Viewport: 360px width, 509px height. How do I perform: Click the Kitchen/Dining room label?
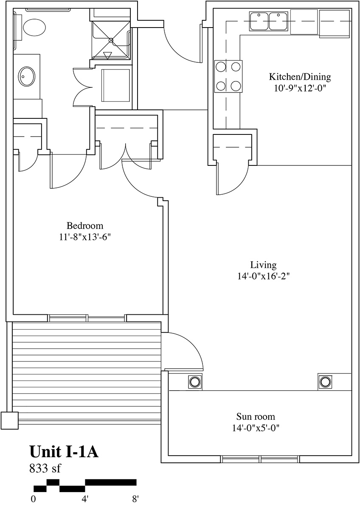pos(300,77)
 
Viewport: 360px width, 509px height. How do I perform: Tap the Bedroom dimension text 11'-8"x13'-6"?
pos(85,237)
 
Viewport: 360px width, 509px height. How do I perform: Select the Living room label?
pos(264,265)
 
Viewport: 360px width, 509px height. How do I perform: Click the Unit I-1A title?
pos(64,452)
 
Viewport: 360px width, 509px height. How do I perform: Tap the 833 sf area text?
pos(45,468)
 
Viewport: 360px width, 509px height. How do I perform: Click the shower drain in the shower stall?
pos(111,40)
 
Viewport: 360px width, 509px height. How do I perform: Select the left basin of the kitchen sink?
pos(259,21)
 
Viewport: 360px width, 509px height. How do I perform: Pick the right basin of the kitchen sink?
pos(278,21)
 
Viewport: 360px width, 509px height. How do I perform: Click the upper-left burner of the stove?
pos(221,67)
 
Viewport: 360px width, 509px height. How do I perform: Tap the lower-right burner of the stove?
pos(236,86)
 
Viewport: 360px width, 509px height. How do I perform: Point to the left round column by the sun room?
pos(195,382)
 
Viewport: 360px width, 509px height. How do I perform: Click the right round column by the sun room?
pos(325,382)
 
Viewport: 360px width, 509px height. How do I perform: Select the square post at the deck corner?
pos(9,420)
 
